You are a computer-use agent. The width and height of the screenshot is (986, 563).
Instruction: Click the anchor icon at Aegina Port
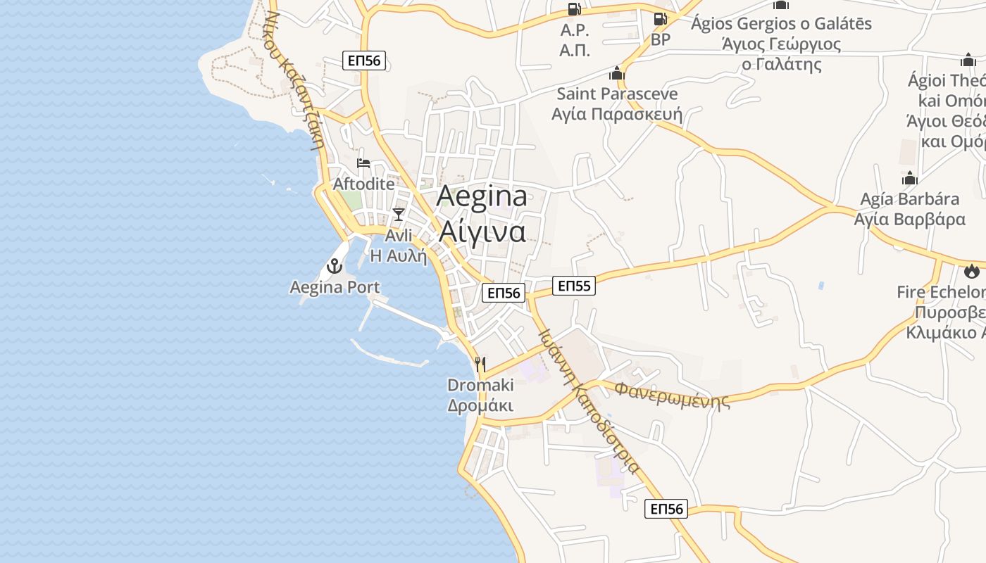(335, 266)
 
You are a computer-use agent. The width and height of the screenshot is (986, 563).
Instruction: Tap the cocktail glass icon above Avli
(399, 214)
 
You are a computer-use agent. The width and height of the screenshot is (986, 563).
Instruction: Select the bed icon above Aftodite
(363, 163)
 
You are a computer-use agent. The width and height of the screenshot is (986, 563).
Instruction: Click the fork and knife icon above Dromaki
(480, 364)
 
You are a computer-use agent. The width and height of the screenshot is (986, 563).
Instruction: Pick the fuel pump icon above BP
(660, 19)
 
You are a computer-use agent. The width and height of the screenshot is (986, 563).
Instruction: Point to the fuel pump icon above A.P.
(575, 9)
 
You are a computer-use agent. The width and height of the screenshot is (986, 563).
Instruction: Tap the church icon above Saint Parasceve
(617, 73)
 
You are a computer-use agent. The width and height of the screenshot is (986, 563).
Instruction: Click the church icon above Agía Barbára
(909, 178)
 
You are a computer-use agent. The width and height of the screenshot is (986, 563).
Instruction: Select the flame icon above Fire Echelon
(972, 271)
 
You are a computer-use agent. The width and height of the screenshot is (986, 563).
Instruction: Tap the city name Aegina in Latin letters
(482, 196)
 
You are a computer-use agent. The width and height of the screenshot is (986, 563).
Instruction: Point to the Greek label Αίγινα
(482, 231)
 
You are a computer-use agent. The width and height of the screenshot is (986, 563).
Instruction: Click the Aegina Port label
(335, 287)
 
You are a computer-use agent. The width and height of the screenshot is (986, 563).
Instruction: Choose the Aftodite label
(364, 184)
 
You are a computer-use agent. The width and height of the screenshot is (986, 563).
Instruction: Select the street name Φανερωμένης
(671, 396)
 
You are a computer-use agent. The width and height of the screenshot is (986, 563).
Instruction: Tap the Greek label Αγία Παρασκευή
(617, 114)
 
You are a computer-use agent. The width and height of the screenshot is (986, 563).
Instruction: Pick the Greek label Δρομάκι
(480, 406)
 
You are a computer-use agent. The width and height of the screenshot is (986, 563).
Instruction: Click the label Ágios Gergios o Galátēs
(781, 23)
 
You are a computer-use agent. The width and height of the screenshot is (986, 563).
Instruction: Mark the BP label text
(661, 39)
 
